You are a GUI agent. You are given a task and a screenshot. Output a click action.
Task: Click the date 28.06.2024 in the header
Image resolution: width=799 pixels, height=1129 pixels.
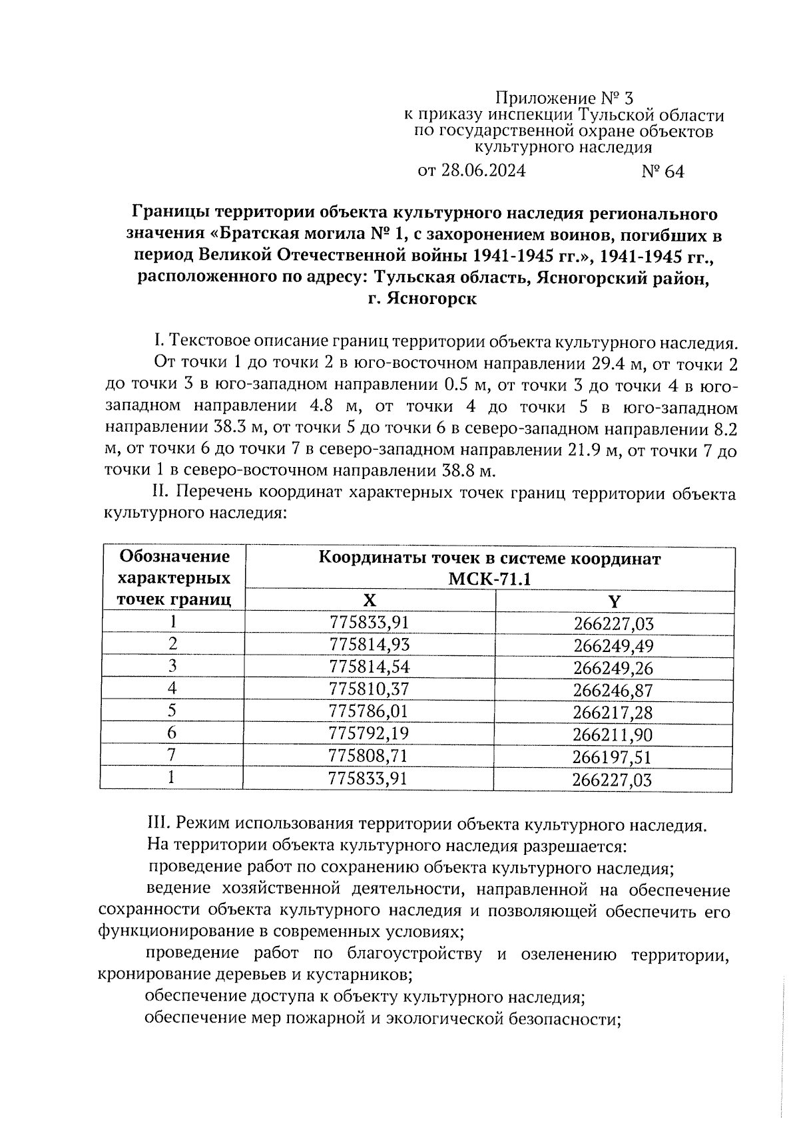coord(482,171)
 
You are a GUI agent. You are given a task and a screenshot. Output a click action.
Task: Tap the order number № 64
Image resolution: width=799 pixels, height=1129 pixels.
coord(662,172)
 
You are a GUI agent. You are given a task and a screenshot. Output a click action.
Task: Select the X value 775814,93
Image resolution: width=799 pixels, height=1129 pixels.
coord(369,644)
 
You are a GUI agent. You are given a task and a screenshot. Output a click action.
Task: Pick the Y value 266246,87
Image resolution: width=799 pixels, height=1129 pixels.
coord(613,691)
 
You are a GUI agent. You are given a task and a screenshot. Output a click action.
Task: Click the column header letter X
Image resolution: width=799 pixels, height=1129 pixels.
coord(370,601)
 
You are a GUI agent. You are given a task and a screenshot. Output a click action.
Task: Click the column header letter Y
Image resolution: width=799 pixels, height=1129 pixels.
coord(614,602)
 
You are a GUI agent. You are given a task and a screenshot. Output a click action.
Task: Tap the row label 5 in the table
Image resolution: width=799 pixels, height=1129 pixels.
coord(172,711)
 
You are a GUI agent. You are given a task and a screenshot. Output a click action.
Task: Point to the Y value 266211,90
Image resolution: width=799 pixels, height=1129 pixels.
coord(613,735)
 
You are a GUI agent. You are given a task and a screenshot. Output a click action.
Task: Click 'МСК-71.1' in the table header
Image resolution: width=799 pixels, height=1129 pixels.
coord(489,579)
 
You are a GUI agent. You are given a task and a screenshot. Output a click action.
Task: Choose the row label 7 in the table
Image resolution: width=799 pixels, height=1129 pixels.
coord(172,755)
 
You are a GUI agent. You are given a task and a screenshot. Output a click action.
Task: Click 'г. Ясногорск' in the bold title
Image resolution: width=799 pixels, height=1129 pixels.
coord(422,299)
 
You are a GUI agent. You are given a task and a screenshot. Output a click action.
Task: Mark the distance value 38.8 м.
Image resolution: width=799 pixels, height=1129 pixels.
coord(469,471)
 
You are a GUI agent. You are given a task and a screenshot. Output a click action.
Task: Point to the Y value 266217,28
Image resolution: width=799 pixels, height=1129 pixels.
coord(613,713)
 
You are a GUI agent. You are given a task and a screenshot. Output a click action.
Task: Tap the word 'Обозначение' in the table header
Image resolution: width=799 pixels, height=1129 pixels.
coord(174,556)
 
